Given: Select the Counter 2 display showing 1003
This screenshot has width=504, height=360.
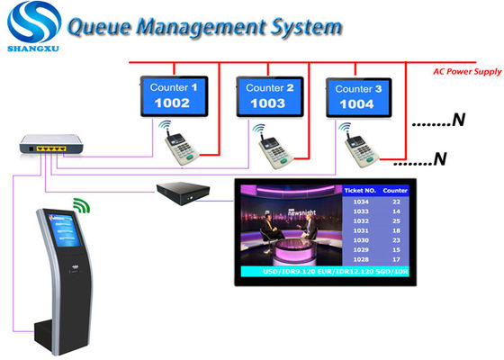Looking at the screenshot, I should click(268, 97).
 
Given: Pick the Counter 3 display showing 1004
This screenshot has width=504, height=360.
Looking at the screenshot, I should click(359, 97).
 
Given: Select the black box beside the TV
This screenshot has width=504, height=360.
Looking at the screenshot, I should click(184, 192).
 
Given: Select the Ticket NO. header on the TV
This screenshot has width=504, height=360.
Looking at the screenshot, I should click(360, 191).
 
